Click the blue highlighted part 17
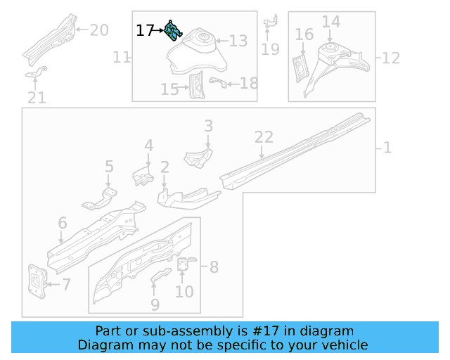(174, 32)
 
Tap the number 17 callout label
(145, 31)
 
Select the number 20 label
(98, 30)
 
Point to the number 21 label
(37, 98)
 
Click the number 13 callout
(238, 41)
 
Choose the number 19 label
(270, 49)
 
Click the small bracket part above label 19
(271, 25)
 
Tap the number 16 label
(304, 34)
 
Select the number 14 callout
(331, 22)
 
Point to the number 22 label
(263, 138)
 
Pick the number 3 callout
(208, 126)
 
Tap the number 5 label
(109, 167)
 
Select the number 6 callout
(63, 224)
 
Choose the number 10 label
(184, 290)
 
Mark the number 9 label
(155, 304)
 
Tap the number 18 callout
(249, 84)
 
